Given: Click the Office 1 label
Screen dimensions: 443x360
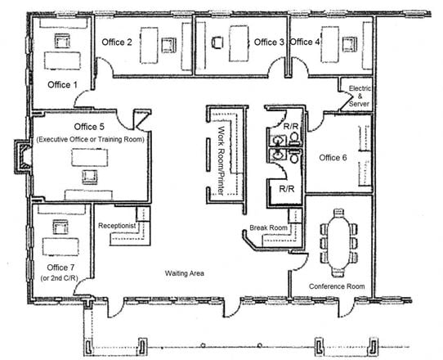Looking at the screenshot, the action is pyautogui.click(x=62, y=84).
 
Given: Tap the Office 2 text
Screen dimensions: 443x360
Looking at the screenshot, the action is pyautogui.click(x=117, y=43).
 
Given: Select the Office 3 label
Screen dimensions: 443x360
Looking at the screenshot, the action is pyautogui.click(x=269, y=43).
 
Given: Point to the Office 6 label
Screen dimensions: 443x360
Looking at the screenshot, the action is pyautogui.click(x=333, y=158).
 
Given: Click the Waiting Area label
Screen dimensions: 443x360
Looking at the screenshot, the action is pyautogui.click(x=185, y=273).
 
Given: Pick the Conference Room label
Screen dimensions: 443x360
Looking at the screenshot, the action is pyautogui.click(x=337, y=286).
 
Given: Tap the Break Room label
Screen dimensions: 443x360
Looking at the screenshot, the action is pyautogui.click(x=268, y=227).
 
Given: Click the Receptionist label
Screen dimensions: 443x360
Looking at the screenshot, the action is pyautogui.click(x=117, y=226).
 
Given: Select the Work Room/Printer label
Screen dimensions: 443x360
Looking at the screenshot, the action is pyautogui.click(x=221, y=161).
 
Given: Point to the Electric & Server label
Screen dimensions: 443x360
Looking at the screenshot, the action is pyautogui.click(x=360, y=97).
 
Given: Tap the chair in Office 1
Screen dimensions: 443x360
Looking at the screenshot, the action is pyautogui.click(x=62, y=41).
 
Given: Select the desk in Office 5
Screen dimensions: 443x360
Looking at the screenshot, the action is pyautogui.click(x=90, y=158).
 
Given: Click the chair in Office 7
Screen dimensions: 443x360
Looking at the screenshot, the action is pyautogui.click(x=60, y=227).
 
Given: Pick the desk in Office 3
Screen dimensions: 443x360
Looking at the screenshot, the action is pyautogui.click(x=239, y=43).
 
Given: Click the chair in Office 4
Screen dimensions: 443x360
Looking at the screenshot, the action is pyautogui.click(x=350, y=44).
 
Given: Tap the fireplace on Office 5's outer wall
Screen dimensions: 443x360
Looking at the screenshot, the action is pyautogui.click(x=23, y=156).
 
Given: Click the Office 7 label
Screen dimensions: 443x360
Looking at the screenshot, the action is pyautogui.click(x=60, y=268).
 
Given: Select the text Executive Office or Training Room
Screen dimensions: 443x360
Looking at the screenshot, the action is pyautogui.click(x=90, y=139).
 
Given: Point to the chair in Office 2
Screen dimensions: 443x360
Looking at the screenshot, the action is pyautogui.click(x=168, y=45).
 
